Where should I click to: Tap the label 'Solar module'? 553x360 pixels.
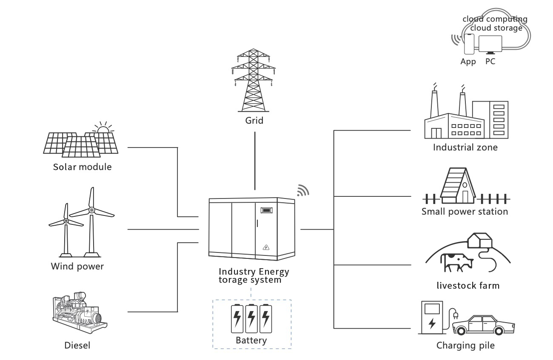click(x=82, y=167)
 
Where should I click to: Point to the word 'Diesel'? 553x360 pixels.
click(x=77, y=345)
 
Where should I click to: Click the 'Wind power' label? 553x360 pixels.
click(x=77, y=266)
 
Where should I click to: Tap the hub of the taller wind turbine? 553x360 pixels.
click(x=91, y=210)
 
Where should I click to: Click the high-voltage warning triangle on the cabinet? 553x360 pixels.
click(x=266, y=247)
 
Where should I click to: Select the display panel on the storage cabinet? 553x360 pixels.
click(x=266, y=210)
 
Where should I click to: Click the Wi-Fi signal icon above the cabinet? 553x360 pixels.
click(x=302, y=191)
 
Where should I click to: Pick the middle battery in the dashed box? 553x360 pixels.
click(x=252, y=318)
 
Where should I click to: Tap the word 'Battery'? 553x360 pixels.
click(x=251, y=340)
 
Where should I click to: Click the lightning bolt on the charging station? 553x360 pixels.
click(x=432, y=323)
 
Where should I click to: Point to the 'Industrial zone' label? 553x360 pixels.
click(x=465, y=147)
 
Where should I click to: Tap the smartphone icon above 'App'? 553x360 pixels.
click(x=469, y=44)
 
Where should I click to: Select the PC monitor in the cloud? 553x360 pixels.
click(x=490, y=44)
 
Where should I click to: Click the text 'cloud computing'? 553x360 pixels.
click(x=495, y=19)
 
